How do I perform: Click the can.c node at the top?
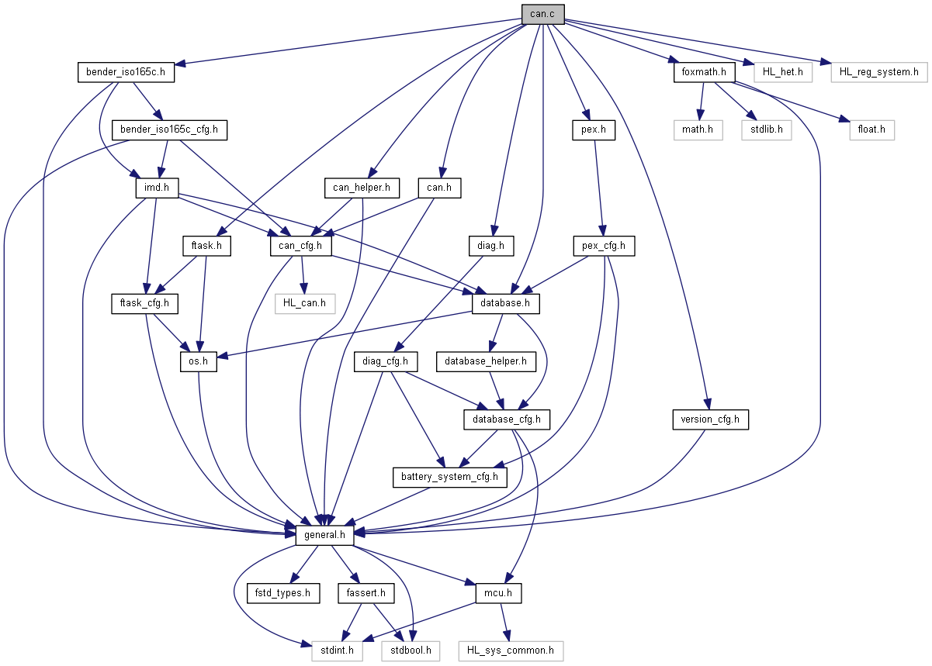[542, 13]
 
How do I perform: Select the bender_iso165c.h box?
[126, 73]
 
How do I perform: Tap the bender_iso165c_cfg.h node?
[170, 129]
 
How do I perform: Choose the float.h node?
[870, 129]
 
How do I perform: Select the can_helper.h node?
[362, 187]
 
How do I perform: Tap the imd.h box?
[158, 187]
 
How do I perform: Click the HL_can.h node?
[304, 303]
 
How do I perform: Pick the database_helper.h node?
[486, 361]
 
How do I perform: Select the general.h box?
[326, 534]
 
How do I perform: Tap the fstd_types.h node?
[282, 594]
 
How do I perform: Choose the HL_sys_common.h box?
[510, 650]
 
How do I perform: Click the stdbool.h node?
[411, 650]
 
